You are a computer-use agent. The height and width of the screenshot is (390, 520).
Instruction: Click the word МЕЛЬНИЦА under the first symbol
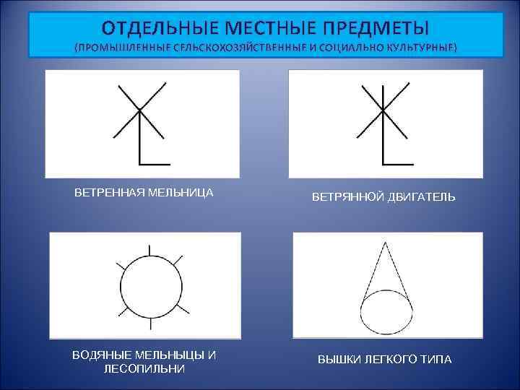[x=180, y=193]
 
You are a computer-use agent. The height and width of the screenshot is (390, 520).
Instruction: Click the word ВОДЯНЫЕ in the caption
[x=102, y=355]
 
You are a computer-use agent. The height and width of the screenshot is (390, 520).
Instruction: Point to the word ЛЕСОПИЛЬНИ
[x=144, y=368]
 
